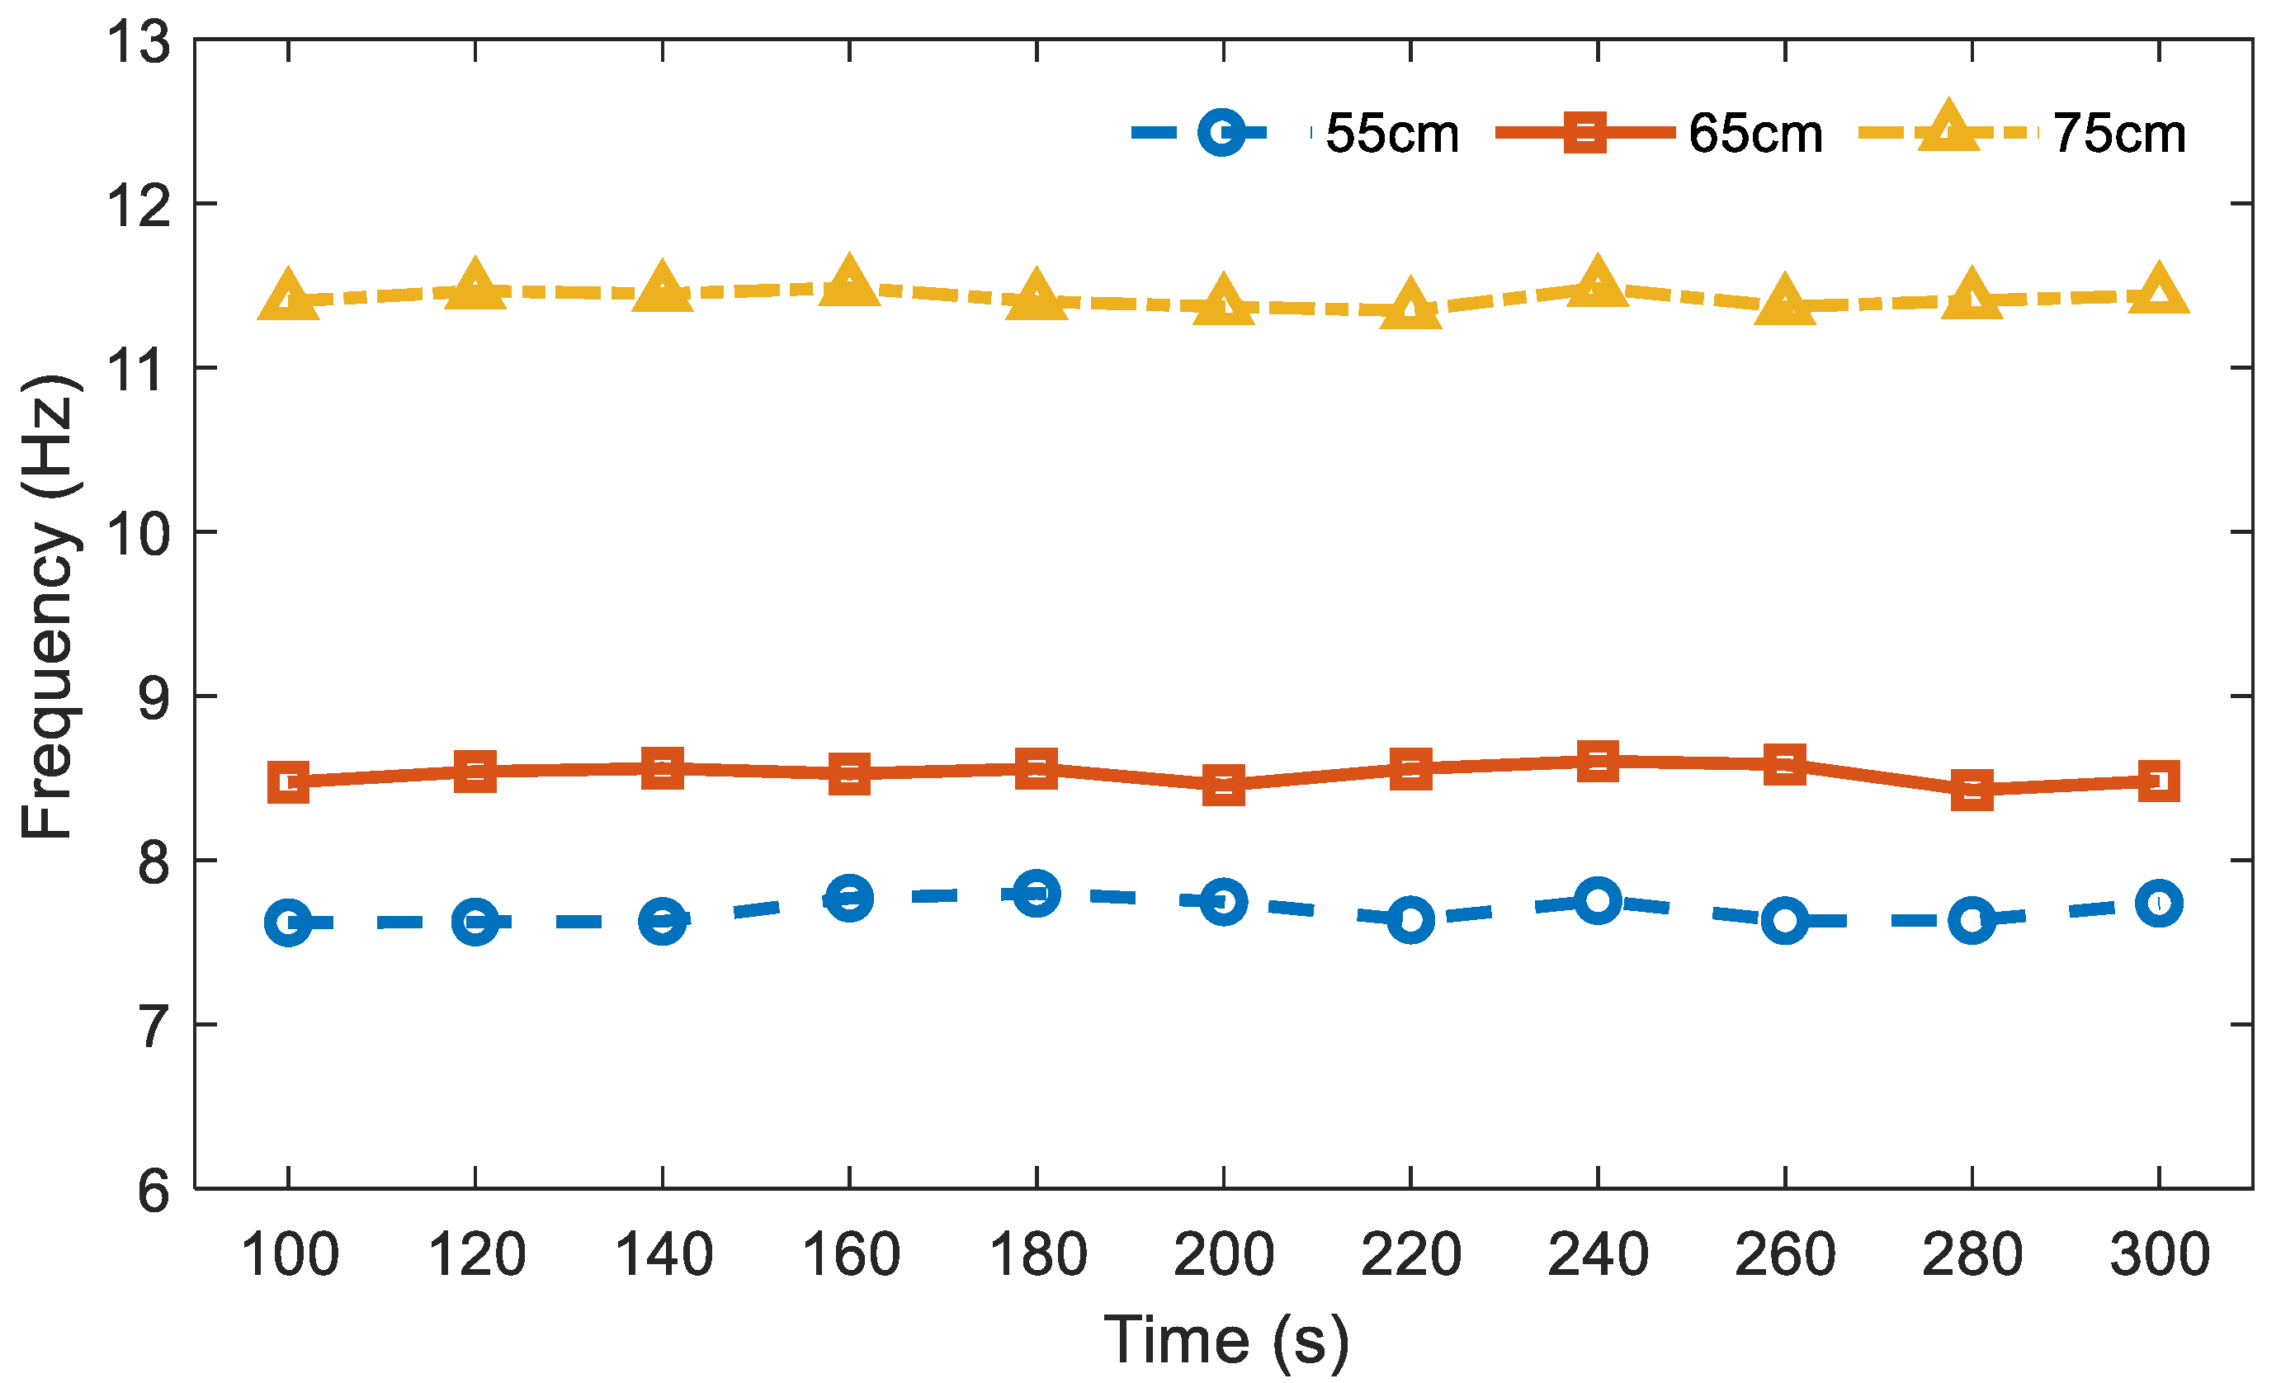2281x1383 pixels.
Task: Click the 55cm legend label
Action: pyautogui.click(x=1391, y=134)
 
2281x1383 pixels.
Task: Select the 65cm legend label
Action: pyautogui.click(x=1755, y=134)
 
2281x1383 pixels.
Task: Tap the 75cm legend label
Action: pyautogui.click(x=2119, y=134)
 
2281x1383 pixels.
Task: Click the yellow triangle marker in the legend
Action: pyautogui.click(x=1948, y=130)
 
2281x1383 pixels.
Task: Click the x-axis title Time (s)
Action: pyautogui.click(x=1226, y=1339)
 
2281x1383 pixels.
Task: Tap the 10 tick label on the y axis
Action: pyautogui.click(x=139, y=534)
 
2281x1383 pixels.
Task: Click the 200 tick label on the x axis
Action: pyautogui.click(x=1223, y=1255)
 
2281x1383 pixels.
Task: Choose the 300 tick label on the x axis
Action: pyautogui.click(x=2159, y=1255)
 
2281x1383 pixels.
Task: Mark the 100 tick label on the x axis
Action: pyautogui.click(x=290, y=1255)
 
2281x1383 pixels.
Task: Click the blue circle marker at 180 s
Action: pyautogui.click(x=1036, y=894)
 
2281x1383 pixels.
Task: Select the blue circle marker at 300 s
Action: pyautogui.click(x=2159, y=903)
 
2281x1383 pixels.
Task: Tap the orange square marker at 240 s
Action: pyautogui.click(x=1598, y=761)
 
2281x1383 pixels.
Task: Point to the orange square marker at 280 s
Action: pyautogui.click(x=1972, y=790)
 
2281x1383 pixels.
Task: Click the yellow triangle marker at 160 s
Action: pyautogui.click(x=849, y=283)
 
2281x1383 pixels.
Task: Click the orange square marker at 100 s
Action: pyautogui.click(x=288, y=782)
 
